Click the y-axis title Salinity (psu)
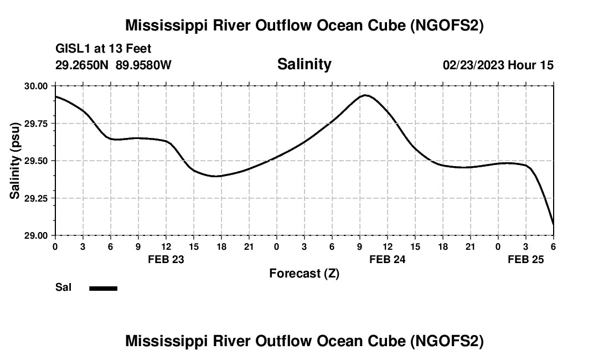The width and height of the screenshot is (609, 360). coord(15,161)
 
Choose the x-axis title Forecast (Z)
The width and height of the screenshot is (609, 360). coord(304,273)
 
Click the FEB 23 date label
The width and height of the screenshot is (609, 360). coord(166,259)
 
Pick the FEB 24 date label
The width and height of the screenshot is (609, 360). coord(388,259)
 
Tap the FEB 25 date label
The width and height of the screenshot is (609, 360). coord(526,259)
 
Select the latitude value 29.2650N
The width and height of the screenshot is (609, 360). coord(82,65)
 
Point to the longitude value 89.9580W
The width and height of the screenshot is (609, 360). coord(143,65)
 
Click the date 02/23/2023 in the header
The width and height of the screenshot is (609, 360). coord(473,65)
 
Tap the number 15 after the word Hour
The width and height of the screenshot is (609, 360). coord(546,65)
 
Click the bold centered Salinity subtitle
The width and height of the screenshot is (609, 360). coord(304,64)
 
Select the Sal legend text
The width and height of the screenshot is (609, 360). coord(64,287)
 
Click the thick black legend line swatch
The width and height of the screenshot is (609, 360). coord(104,288)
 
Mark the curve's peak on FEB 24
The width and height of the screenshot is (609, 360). coord(365,95)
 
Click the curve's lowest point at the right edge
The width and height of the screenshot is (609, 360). coord(553,224)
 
